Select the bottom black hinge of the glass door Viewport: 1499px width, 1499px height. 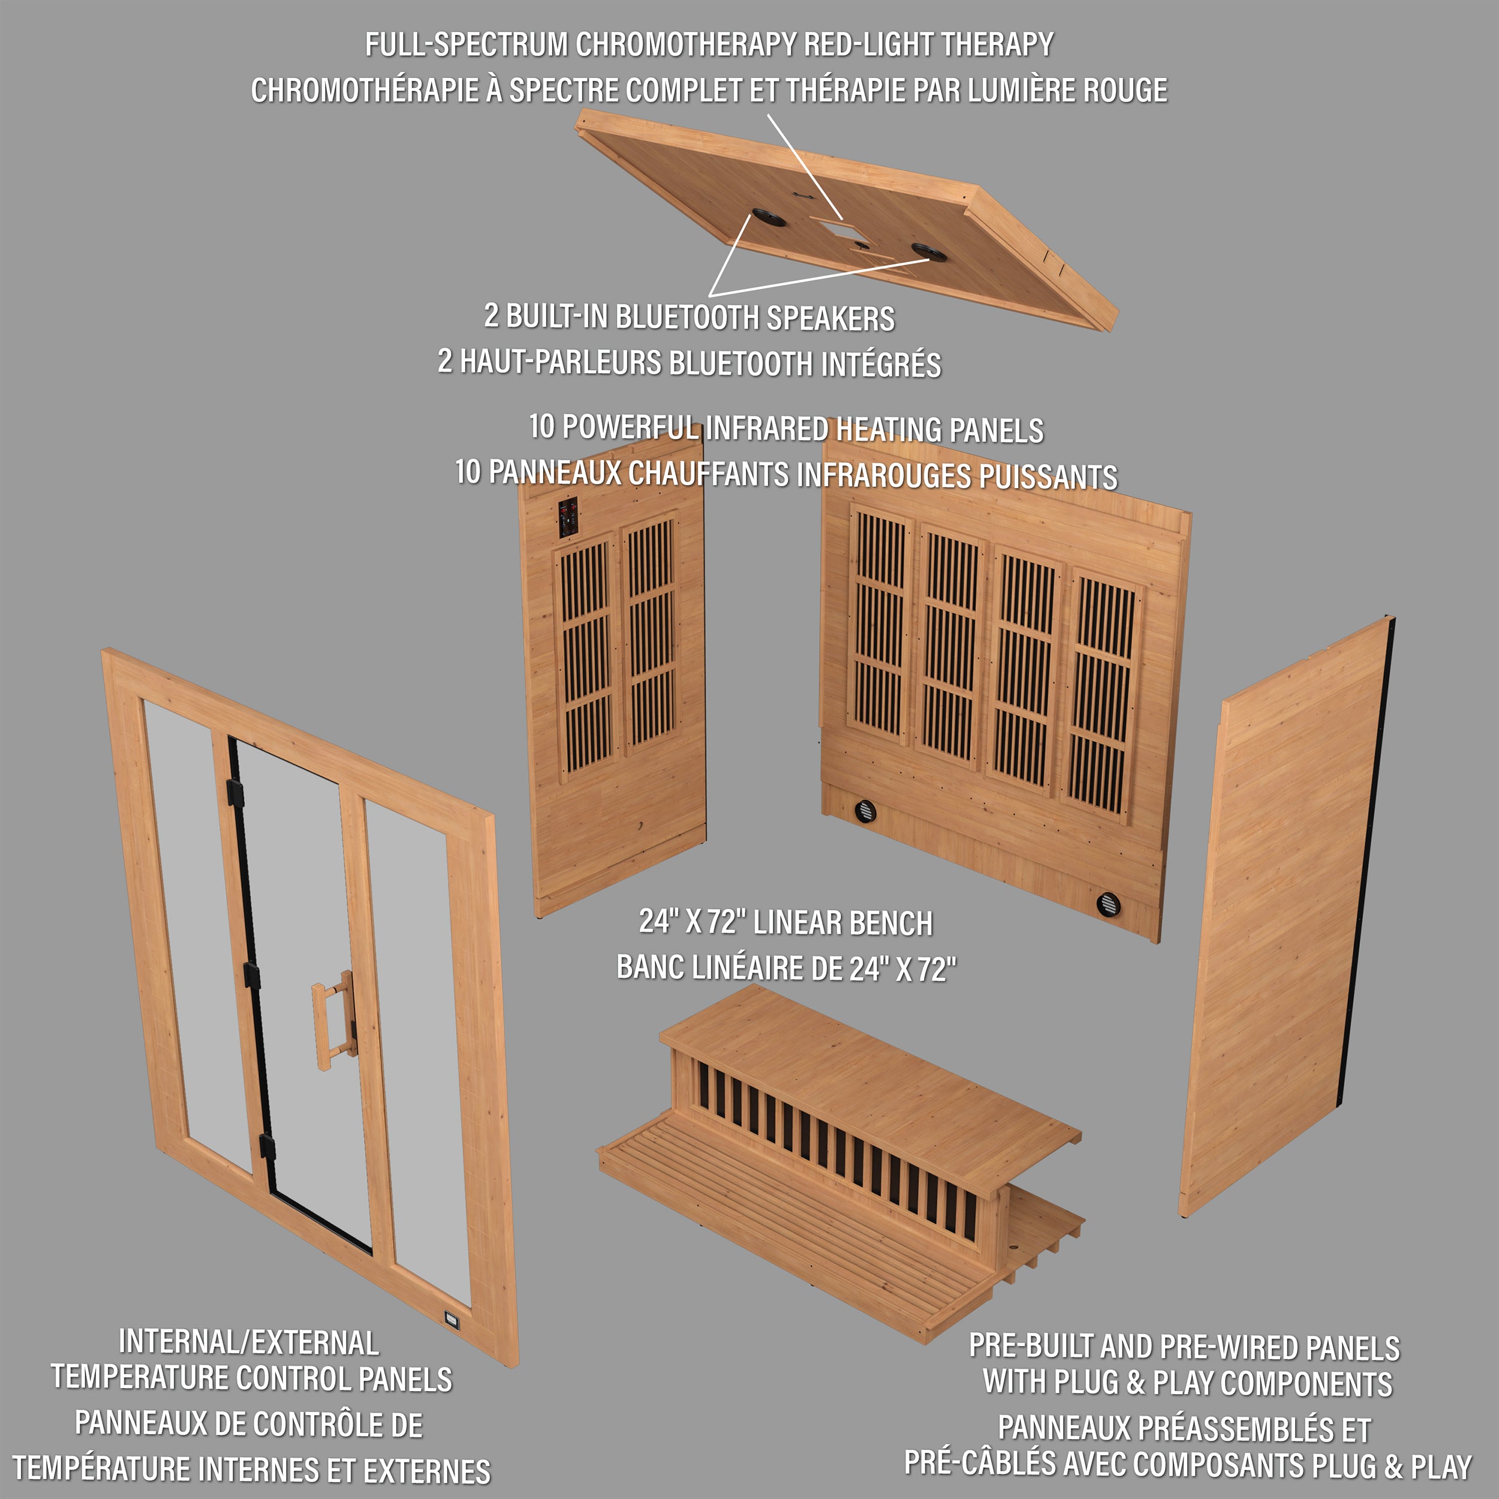(267, 1146)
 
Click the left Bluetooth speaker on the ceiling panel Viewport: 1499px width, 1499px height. (767, 216)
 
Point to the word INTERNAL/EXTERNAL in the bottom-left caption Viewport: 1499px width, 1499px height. (248, 1343)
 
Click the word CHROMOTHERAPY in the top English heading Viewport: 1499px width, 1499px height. (686, 44)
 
